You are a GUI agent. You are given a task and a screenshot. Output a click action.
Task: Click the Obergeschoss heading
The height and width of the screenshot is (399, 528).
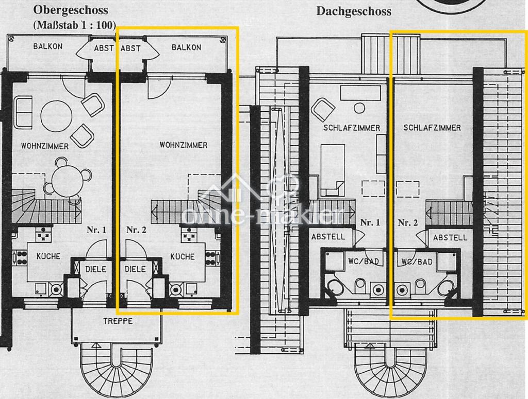point(71,10)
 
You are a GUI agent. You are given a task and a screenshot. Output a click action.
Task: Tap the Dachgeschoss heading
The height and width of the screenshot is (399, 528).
point(354,11)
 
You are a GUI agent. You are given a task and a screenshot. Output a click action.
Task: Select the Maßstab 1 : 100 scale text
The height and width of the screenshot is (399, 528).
point(74,25)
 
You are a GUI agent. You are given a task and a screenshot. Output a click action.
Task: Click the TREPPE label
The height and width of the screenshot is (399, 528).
point(118,321)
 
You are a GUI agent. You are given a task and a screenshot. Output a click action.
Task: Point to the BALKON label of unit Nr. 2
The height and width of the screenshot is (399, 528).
point(186,47)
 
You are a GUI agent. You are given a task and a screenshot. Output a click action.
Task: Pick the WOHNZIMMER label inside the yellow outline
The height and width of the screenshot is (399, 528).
point(184,145)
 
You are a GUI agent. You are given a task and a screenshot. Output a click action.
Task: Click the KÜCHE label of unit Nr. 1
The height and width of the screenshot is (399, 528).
point(48,256)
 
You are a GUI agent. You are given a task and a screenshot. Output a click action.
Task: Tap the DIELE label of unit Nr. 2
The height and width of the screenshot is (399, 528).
point(136,269)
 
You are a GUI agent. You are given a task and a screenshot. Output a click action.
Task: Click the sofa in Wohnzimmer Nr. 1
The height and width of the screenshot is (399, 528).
point(23,113)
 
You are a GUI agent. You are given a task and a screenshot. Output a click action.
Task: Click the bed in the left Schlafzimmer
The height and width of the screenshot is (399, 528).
point(333,170)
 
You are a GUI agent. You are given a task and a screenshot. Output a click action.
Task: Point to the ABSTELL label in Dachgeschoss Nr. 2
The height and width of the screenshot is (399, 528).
point(450,238)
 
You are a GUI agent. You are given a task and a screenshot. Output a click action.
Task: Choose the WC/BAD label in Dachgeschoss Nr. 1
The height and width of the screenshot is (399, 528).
point(364,261)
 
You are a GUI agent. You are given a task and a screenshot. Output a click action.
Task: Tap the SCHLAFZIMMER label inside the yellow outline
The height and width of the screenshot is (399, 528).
point(432,128)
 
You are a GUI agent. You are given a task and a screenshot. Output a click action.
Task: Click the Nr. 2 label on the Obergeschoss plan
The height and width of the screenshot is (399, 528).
point(136,230)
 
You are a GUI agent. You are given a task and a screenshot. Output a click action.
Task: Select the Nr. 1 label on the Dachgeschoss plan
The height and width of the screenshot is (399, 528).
point(370,222)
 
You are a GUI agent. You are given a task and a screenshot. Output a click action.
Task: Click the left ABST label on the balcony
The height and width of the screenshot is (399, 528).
point(104,48)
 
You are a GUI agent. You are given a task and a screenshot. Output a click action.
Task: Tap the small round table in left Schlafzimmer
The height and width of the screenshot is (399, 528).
point(359,108)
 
